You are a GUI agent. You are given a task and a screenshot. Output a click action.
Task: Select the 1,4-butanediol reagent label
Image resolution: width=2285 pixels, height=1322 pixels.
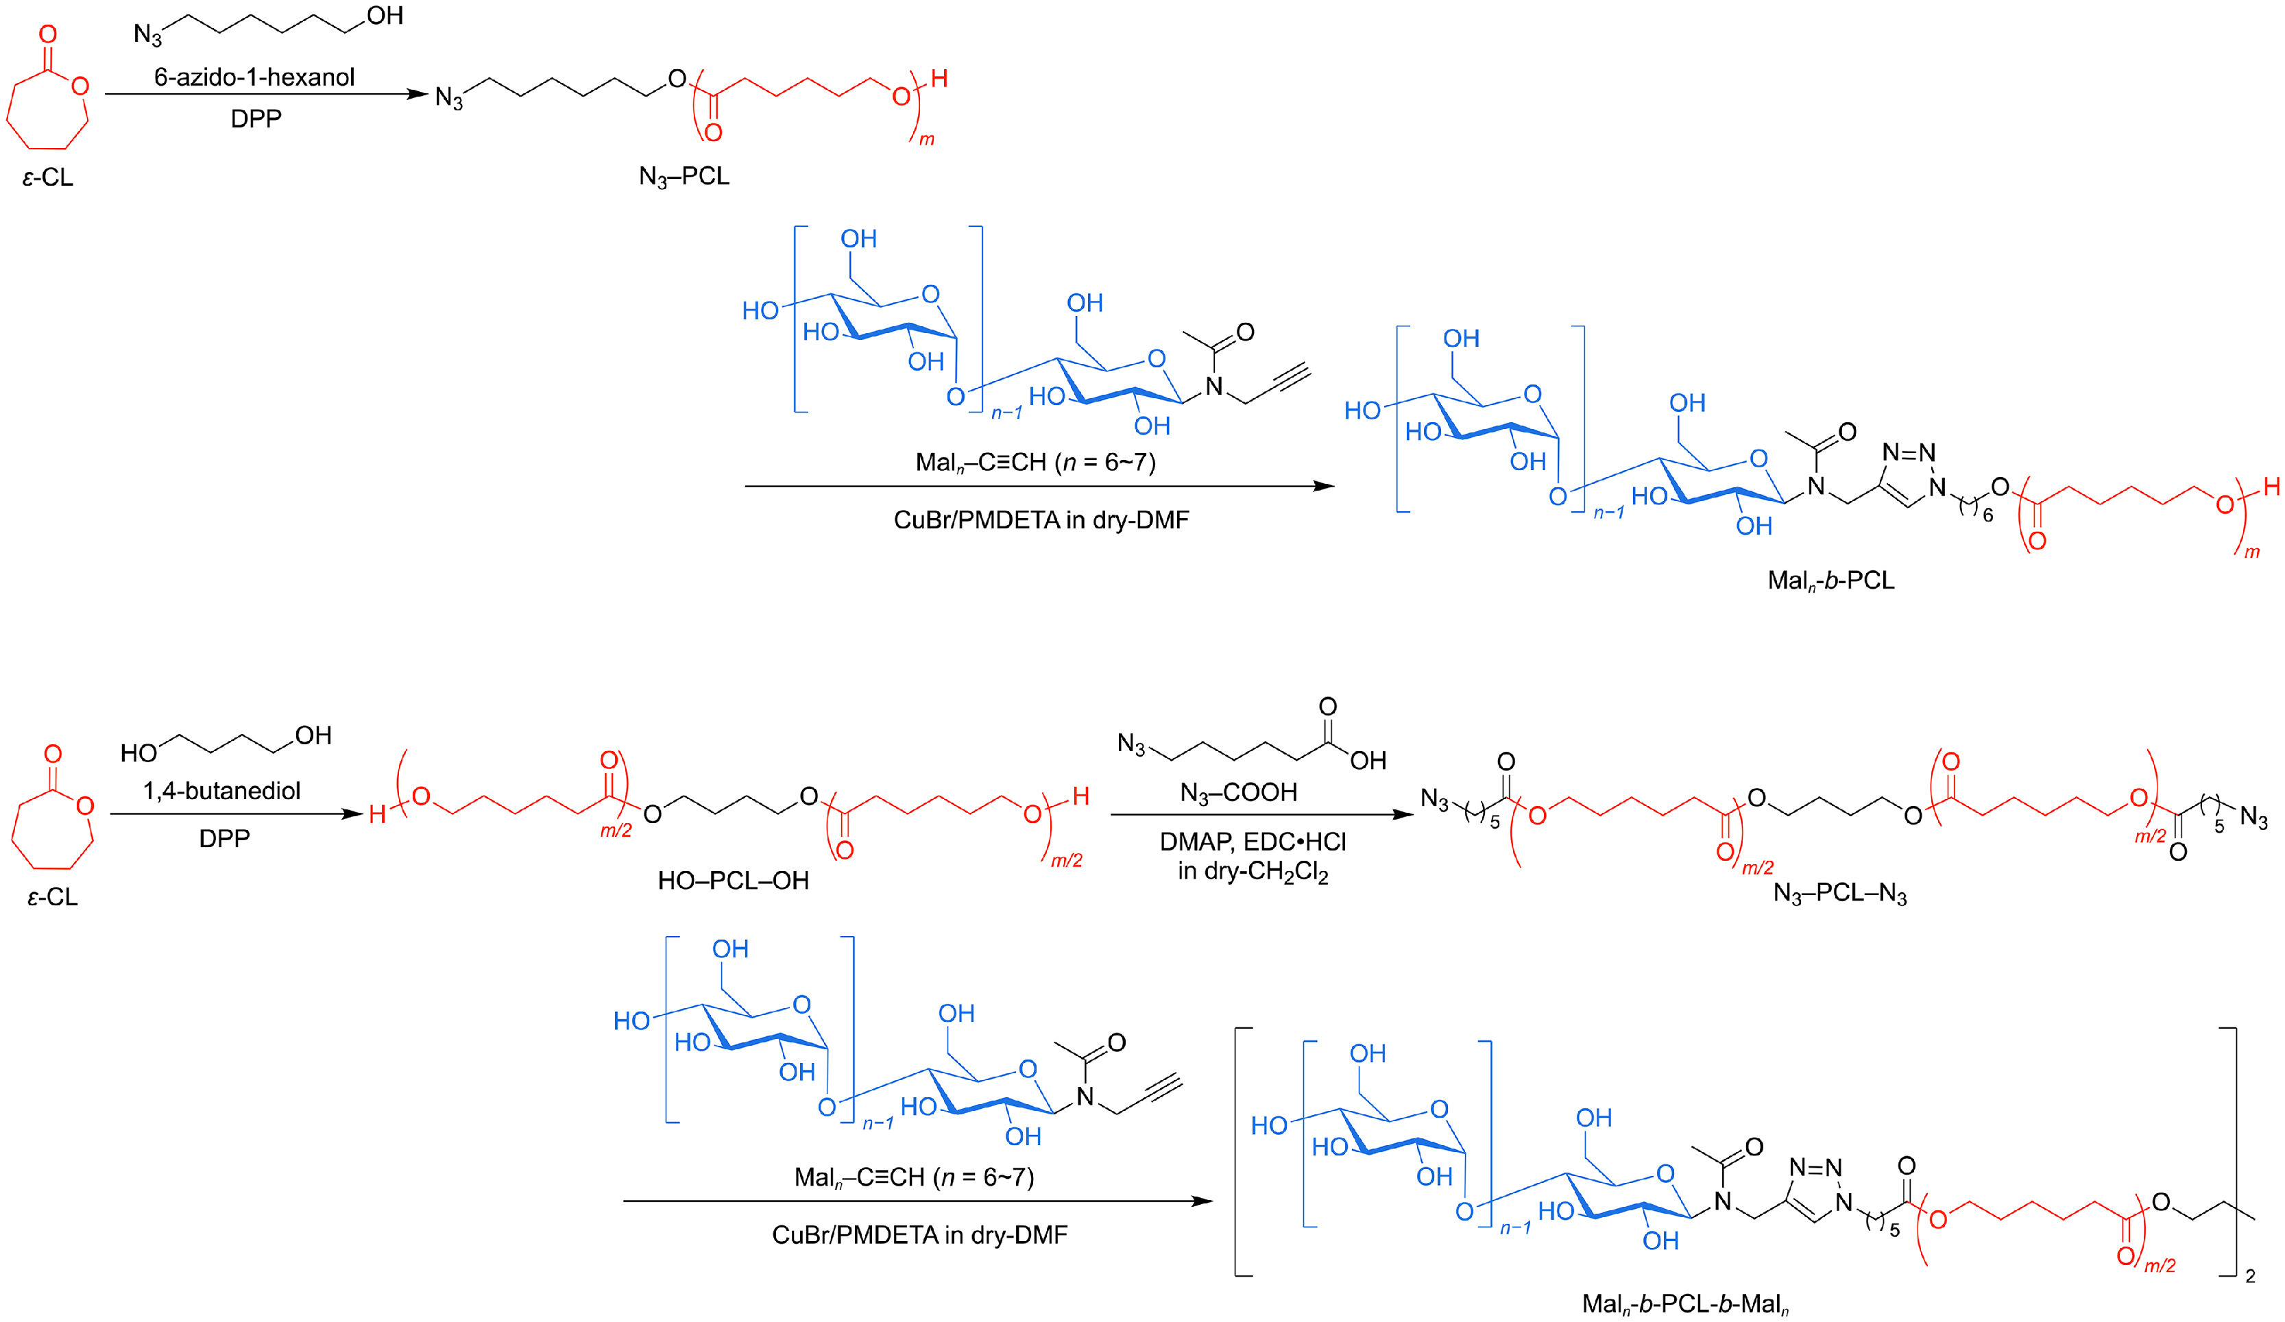pyautogui.click(x=221, y=791)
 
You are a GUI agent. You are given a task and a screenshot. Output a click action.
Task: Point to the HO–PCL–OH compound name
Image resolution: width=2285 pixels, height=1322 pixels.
pyautogui.click(x=733, y=881)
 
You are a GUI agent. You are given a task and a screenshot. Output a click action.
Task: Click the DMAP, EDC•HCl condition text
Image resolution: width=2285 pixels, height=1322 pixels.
pyautogui.click(x=1253, y=842)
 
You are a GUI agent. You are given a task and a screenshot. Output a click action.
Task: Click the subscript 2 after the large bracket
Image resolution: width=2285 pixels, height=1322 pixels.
pyautogui.click(x=2249, y=1277)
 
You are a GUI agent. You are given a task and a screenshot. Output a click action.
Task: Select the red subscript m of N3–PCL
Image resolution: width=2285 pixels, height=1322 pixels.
pyautogui.click(x=927, y=140)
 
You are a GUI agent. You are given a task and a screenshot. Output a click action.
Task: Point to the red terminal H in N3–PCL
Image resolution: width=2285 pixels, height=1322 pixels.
pyautogui.click(x=939, y=79)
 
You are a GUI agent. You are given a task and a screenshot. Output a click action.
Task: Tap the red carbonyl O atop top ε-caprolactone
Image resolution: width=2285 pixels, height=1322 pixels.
pyautogui.click(x=48, y=34)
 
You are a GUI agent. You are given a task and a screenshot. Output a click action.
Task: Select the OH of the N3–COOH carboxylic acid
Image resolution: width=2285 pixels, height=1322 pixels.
pyautogui.click(x=1368, y=761)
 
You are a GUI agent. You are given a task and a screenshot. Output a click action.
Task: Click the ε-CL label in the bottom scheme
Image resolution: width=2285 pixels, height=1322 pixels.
pyautogui.click(x=51, y=896)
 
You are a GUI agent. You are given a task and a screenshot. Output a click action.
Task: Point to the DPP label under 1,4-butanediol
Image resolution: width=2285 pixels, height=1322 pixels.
pyautogui.click(x=224, y=837)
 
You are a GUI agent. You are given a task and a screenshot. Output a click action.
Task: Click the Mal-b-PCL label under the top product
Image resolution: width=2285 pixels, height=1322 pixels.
pyautogui.click(x=1830, y=580)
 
